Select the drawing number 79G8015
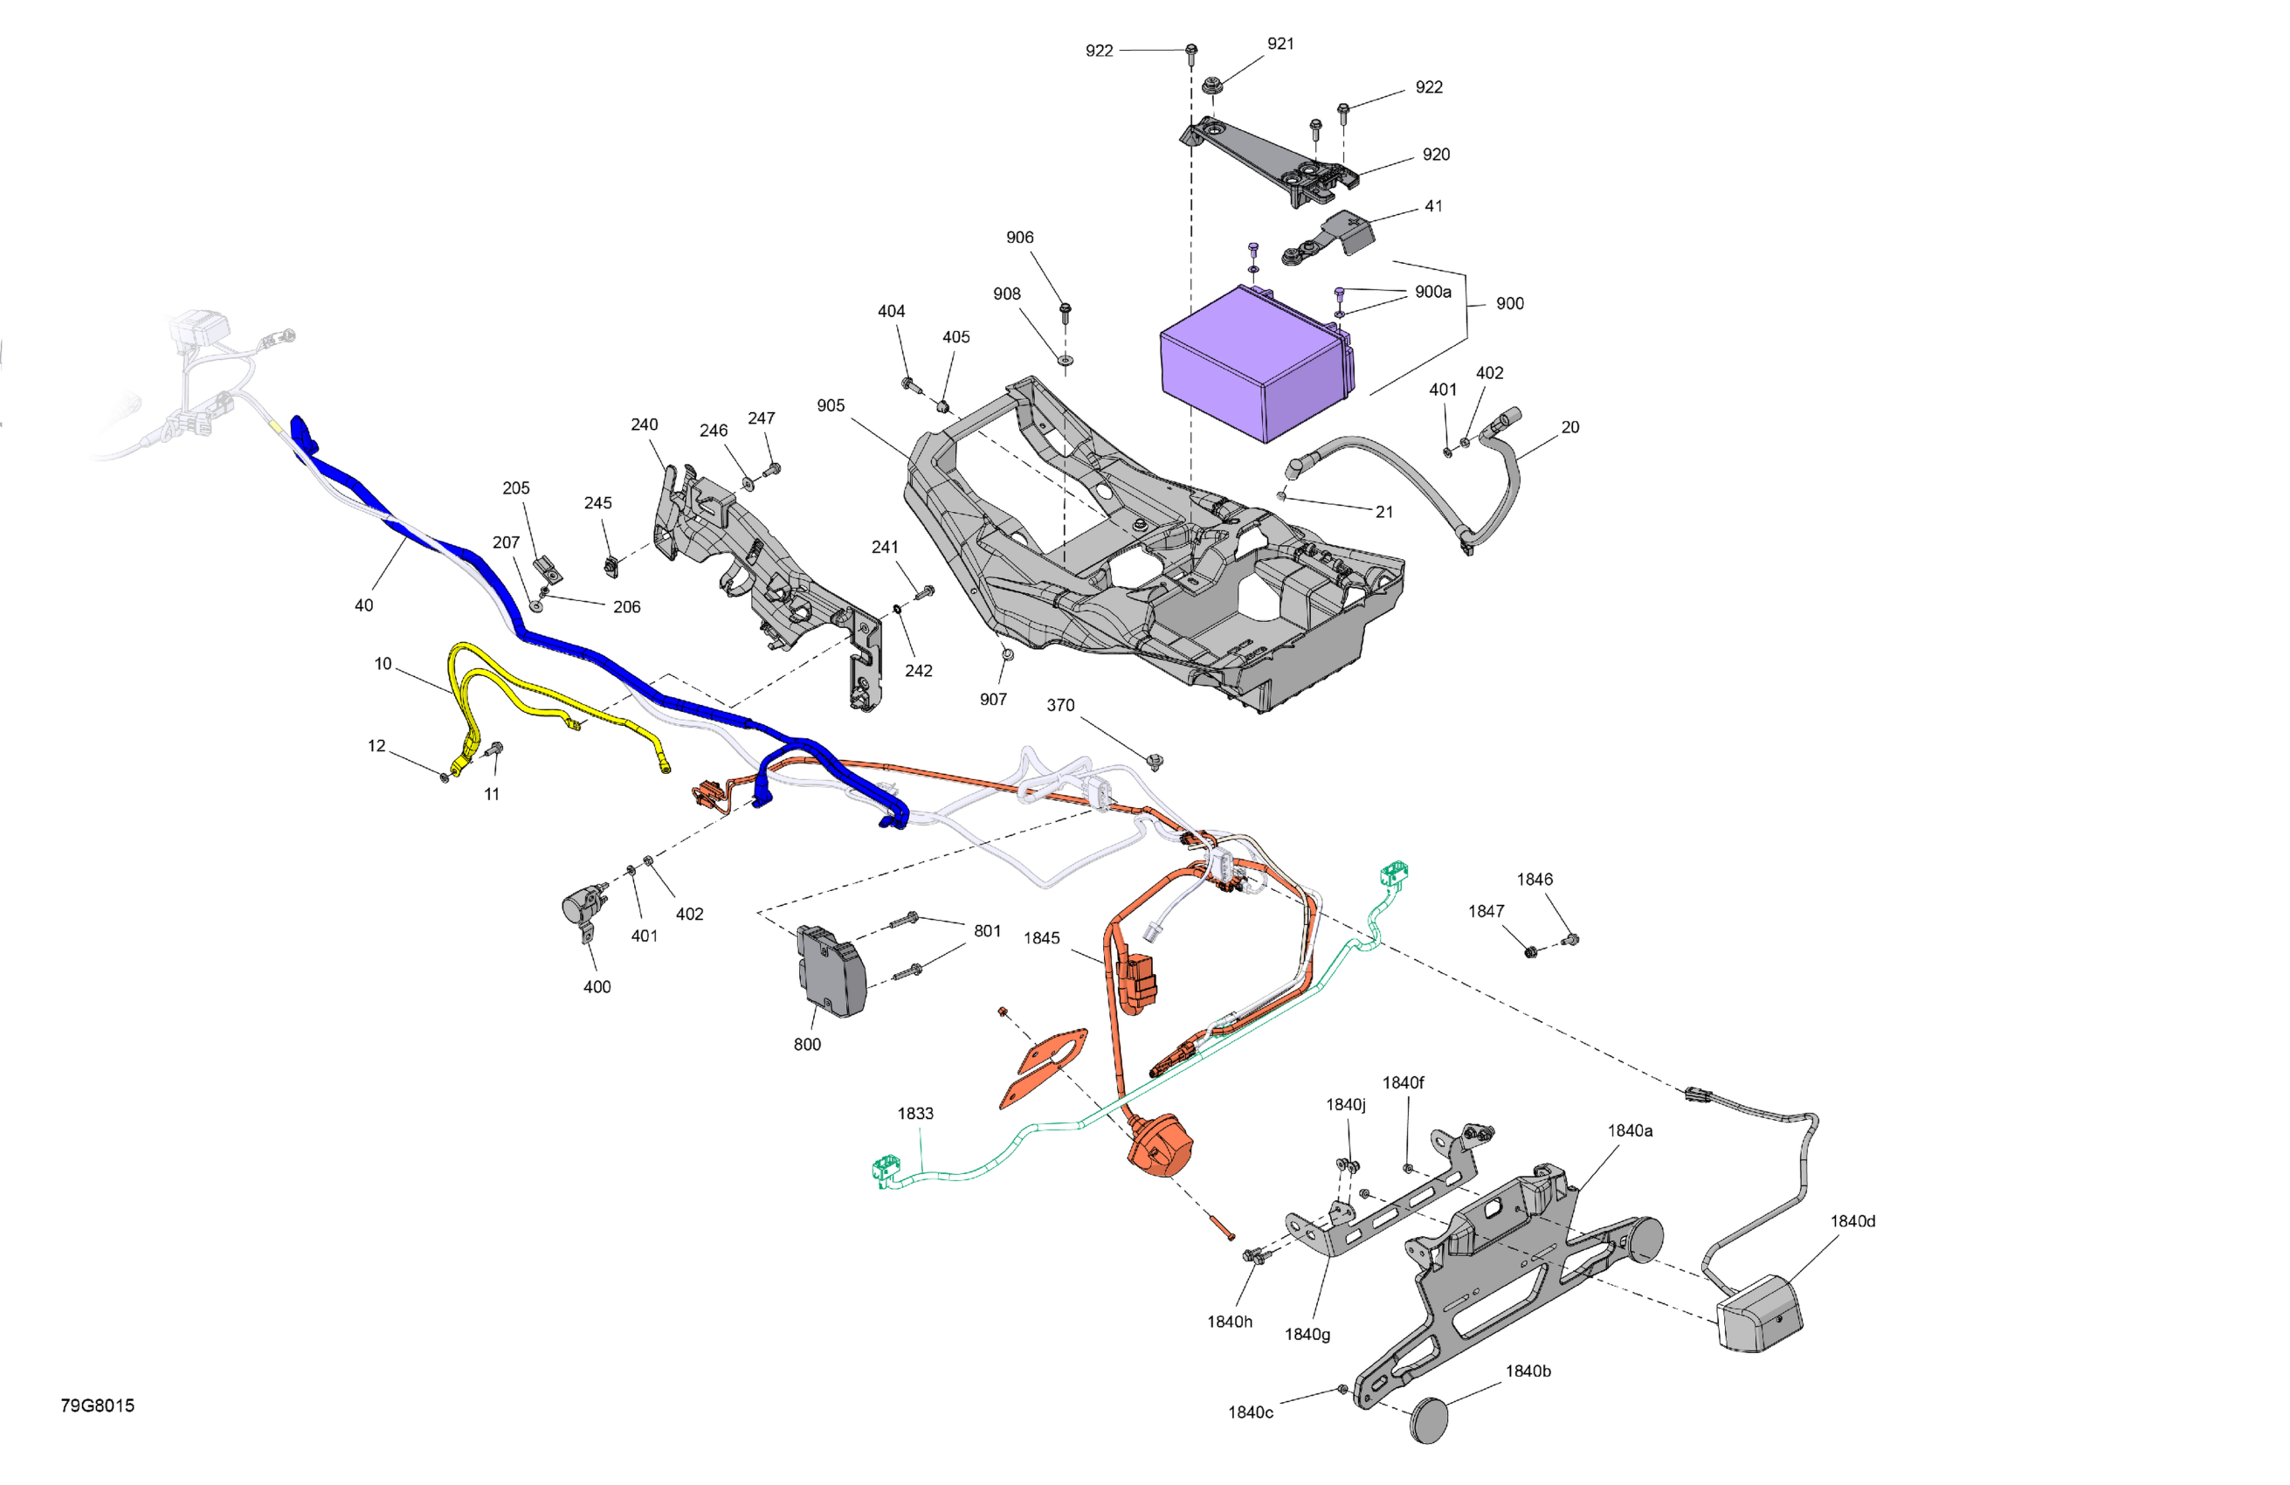pos(97,1406)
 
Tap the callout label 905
pos(831,405)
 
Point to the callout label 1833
pos(915,1114)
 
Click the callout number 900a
pos(1431,292)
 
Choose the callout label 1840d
pos(1852,1221)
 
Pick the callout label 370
pos(1059,706)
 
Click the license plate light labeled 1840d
pos(1759,1313)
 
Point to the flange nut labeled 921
pos(1213,85)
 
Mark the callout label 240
pos(644,425)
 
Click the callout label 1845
pos(1041,937)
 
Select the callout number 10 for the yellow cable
pos(383,663)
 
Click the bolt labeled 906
pos(1066,311)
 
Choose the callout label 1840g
pos(1307,1334)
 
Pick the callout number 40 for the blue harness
pos(363,605)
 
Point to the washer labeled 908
pos(1066,360)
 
